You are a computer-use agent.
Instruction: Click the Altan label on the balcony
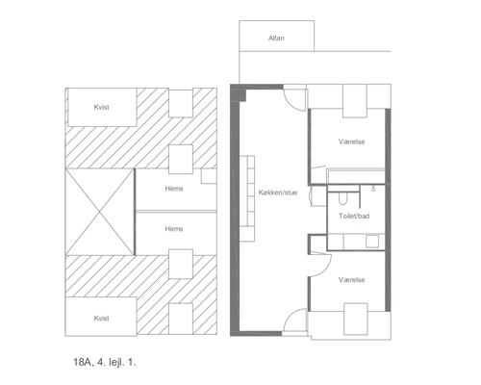[x=276, y=38]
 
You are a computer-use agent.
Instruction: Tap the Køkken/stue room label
[x=278, y=192]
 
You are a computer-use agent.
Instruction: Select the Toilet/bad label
[x=354, y=216]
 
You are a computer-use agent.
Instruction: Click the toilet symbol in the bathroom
[x=342, y=198]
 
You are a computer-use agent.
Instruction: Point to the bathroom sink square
[x=372, y=242]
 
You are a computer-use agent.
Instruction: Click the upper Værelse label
[x=352, y=141]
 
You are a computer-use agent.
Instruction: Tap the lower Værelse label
[x=352, y=280]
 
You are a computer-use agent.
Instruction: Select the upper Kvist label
[x=101, y=107]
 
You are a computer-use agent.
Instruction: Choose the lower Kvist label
[x=101, y=318]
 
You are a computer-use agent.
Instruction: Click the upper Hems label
[x=174, y=189]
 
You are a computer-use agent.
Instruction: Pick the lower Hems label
[x=174, y=228]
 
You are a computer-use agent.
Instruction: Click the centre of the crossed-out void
[x=99, y=212]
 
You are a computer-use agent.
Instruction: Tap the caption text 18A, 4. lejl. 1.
[x=105, y=363]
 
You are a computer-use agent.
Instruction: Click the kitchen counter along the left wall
[x=247, y=198]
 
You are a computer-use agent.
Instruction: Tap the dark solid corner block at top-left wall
[x=239, y=93]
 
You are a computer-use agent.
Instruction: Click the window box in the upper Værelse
[x=355, y=101]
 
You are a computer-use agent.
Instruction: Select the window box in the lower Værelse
[x=356, y=319]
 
